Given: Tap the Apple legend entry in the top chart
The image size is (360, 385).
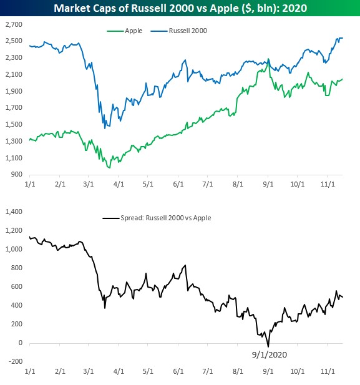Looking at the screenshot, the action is pos(125,31).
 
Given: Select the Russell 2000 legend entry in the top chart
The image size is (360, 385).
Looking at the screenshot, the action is pos(179,31).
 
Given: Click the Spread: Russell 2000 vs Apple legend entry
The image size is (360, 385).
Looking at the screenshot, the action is pos(157,218).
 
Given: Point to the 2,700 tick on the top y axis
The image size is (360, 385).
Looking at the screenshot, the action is pos(14,24).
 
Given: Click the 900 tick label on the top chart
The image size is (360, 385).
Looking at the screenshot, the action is pos(17,174).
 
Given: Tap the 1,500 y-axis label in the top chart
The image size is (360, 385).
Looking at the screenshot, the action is pos(14,124).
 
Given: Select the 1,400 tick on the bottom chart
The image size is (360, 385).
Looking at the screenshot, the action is pos(14,212).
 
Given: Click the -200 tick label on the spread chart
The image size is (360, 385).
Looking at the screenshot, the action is pos(15,361).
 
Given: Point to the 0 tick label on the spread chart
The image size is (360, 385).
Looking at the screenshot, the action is pos(21,343).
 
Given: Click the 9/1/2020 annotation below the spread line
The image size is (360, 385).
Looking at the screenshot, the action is pos(270,354).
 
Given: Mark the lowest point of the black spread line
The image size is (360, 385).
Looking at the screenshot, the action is pos(268,347).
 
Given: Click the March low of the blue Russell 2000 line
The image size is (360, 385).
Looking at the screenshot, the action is pos(105,128).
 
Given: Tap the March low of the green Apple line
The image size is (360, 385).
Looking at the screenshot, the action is pos(109,168).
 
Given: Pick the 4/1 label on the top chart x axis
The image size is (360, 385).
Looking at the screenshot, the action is pos(119,184).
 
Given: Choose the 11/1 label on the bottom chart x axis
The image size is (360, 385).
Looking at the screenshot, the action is pos(328,371).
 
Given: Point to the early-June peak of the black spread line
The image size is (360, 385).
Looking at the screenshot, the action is pos(185,265).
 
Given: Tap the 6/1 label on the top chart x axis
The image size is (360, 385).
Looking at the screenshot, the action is pos(178,184).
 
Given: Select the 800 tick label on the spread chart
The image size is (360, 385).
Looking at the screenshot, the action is pos(17,268).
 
